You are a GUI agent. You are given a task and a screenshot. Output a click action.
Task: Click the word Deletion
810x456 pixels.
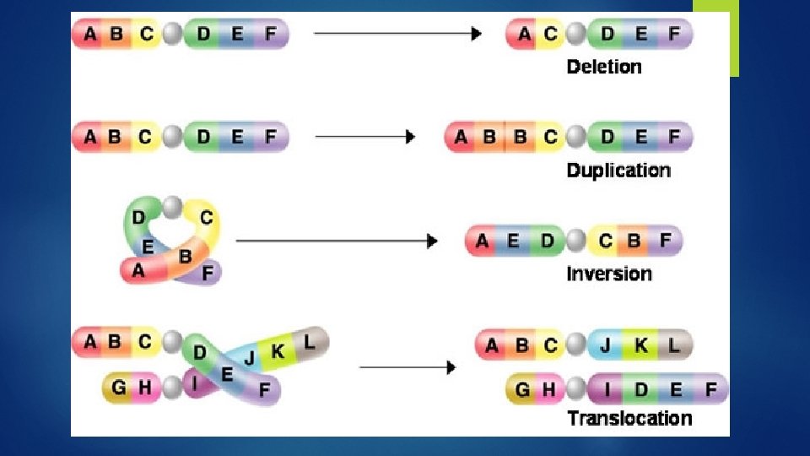604,67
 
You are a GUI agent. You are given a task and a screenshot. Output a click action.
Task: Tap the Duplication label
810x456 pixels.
618,170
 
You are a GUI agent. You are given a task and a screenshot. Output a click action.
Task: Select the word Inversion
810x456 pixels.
609,274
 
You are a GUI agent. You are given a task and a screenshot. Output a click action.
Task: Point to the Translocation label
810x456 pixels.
629,418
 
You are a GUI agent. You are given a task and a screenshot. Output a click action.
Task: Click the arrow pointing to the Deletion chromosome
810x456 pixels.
397,34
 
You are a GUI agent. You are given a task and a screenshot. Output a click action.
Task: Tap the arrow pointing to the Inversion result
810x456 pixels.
337,242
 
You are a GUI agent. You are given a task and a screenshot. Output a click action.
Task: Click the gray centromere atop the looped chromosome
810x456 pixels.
173,205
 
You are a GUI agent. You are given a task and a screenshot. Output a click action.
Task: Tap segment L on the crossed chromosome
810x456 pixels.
310,342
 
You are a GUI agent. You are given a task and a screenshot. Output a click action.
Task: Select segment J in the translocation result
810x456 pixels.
606,345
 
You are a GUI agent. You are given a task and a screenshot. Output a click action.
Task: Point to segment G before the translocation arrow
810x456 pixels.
118,388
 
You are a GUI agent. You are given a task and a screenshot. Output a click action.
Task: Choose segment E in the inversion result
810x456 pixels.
513,242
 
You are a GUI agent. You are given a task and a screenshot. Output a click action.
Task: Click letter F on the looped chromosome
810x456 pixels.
208,274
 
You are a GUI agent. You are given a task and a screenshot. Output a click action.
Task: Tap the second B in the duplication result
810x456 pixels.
520,137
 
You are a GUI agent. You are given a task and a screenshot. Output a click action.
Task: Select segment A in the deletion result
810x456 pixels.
525,35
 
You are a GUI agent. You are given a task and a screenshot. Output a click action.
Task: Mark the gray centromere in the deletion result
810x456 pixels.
577,35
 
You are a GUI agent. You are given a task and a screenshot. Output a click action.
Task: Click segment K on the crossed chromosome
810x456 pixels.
278,350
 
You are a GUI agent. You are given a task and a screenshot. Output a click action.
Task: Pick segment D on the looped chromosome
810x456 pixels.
138,218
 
